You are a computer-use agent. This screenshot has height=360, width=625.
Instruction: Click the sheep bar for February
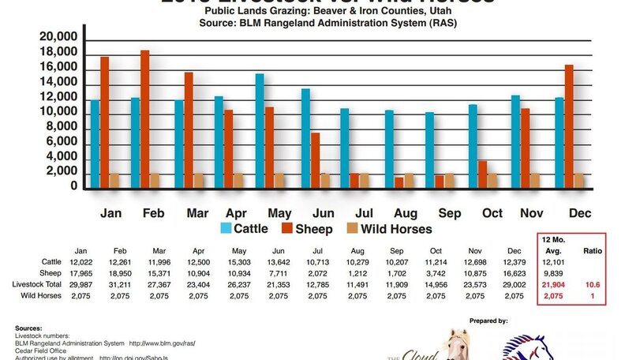coord(145,119)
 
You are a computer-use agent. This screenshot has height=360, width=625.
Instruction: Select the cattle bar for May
coord(259,131)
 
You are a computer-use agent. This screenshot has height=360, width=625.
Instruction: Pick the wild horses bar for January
coord(114,180)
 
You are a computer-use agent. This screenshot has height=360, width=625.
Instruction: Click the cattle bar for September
coord(429,150)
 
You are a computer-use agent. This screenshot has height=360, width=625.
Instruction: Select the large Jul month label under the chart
coord(365,214)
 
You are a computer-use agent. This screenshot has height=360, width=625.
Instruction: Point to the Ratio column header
coord(593,251)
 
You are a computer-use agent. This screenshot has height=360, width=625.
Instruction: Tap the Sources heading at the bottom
coord(29,327)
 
